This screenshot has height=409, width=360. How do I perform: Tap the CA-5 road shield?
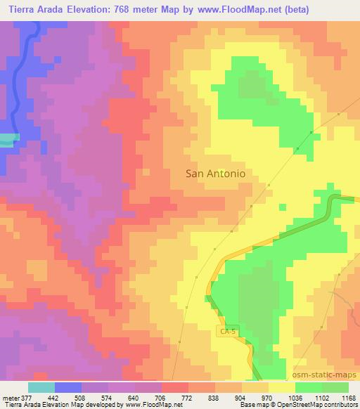(226, 330)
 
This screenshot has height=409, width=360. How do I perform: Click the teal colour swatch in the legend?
(41, 387)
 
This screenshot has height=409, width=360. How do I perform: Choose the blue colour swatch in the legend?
(68, 387)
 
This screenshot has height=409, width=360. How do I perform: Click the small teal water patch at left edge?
(6, 141)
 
